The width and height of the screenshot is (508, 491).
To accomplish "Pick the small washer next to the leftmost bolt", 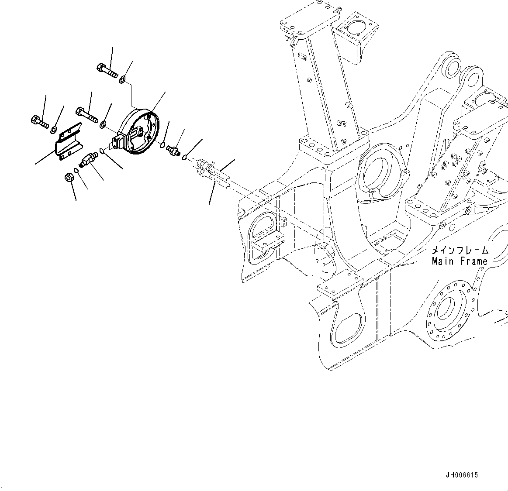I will [x=54, y=129].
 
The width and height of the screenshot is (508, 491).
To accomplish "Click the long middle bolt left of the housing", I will [x=86, y=115].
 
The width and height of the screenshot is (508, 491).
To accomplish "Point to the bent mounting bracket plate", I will [x=69, y=142].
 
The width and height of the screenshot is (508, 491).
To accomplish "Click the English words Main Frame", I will [x=460, y=261].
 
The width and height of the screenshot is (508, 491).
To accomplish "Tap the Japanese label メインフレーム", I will [x=460, y=251].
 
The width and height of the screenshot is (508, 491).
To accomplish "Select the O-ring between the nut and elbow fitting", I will [x=77, y=170].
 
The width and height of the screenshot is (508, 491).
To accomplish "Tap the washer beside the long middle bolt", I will [x=102, y=125].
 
